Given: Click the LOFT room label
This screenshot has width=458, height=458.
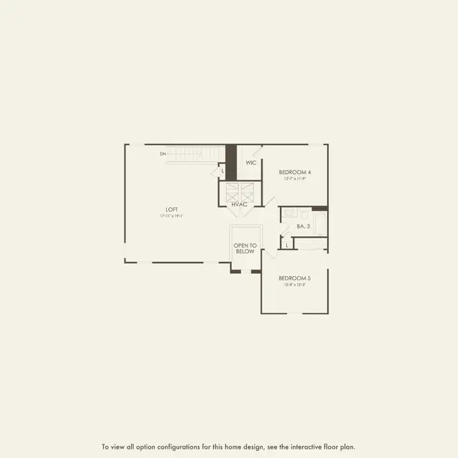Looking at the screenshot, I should click(x=171, y=210).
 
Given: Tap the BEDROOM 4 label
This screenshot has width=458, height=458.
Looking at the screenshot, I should click(x=295, y=172).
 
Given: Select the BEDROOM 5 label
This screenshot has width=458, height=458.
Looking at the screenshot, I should click(x=294, y=278).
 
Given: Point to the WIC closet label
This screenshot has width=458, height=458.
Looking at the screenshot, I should click(x=250, y=163).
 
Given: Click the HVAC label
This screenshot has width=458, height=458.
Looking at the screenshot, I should click(x=239, y=205).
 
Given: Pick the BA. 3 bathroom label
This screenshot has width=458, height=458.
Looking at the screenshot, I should click(x=303, y=227).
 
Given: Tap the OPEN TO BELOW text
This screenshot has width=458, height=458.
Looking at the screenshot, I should click(x=245, y=248).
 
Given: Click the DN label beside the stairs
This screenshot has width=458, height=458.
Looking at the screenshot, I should click(x=162, y=154).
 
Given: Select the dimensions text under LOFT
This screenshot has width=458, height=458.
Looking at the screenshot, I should click(x=172, y=215).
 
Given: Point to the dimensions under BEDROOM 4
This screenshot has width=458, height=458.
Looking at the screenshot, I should click(x=295, y=179).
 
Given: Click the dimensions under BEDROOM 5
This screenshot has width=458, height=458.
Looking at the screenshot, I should click(x=294, y=284).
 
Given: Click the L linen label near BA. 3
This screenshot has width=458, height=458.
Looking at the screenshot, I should click(x=287, y=245).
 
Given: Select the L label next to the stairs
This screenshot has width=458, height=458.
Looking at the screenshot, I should click(x=223, y=171).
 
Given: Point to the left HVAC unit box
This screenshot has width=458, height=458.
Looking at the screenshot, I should click(x=232, y=192).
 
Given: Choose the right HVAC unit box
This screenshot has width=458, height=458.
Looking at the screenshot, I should click(x=247, y=192).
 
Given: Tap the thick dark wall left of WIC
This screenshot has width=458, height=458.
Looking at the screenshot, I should click(x=230, y=162).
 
